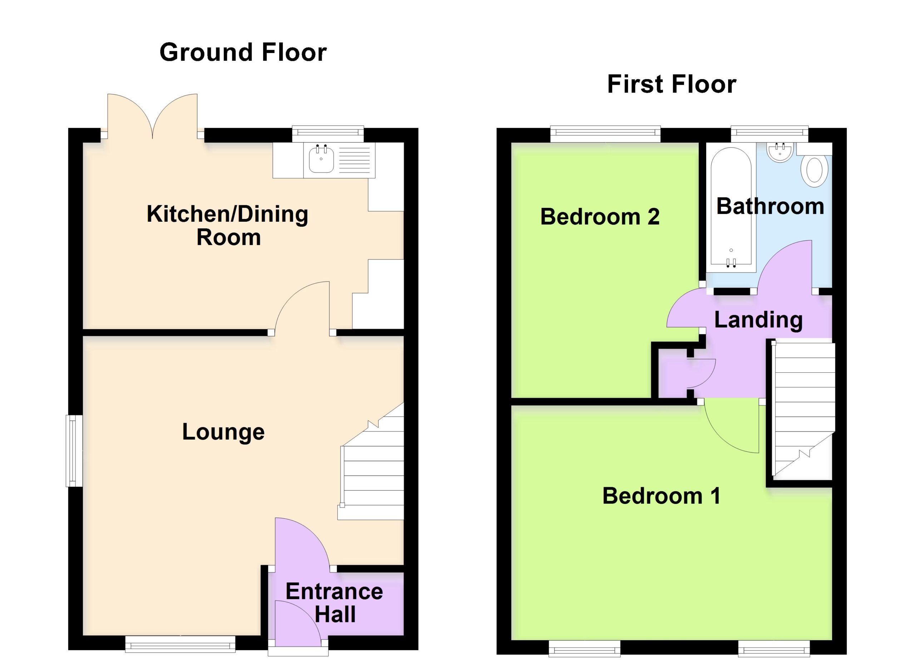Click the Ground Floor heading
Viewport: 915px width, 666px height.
243,53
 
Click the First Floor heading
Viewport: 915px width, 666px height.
672,84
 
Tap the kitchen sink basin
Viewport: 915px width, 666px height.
321,159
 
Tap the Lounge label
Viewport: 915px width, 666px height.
223,432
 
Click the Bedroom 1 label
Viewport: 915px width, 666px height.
661,496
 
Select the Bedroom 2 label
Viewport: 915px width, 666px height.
600,217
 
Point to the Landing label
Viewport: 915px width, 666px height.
758,320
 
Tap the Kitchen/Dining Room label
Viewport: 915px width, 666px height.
228,225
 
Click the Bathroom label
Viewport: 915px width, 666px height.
770,206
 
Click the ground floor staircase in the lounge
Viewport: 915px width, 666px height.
371,462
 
